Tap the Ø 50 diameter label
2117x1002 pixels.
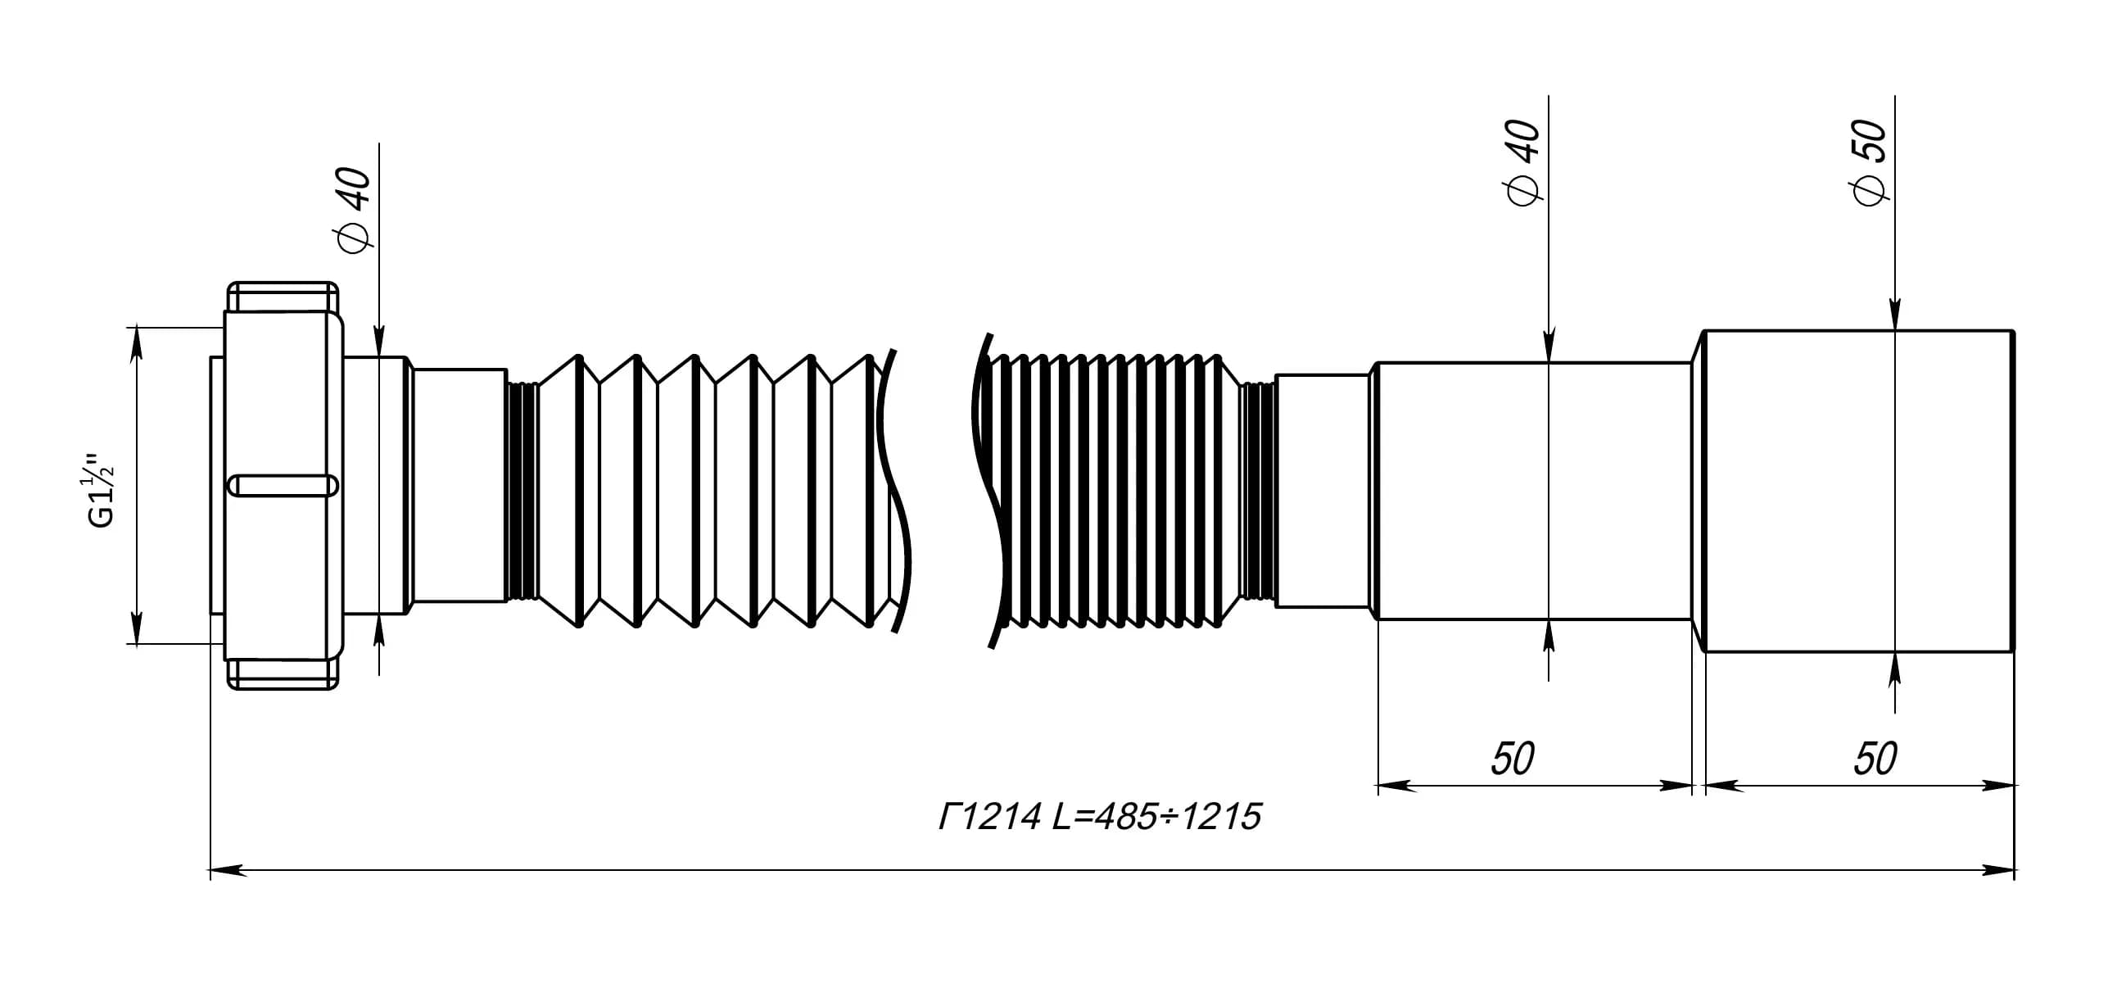click(1870, 163)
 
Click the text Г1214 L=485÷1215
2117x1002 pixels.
click(1100, 817)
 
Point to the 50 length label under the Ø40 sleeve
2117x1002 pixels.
click(1513, 759)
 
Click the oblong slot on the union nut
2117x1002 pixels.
click(282, 486)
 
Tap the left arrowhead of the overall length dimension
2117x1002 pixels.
click(228, 870)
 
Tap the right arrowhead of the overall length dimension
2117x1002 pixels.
click(1996, 870)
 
